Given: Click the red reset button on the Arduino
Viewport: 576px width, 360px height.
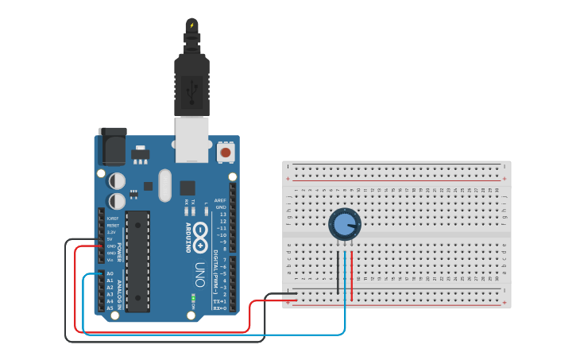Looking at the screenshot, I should pos(226,152).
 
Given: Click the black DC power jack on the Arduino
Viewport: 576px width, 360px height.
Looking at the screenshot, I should pos(110,148).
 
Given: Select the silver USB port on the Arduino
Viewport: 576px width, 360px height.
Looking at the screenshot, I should pos(191,139).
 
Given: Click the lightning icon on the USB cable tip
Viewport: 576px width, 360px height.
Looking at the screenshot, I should pos(191,25).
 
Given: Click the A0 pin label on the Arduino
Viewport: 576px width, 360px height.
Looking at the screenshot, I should pos(110,273).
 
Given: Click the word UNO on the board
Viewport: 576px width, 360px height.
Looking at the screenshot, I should pos(199,274).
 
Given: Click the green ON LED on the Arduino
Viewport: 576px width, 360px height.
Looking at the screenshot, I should pos(192,299).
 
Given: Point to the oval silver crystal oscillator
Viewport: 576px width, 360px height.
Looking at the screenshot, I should pos(164,185).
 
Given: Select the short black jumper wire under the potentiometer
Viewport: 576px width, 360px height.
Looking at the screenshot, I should pos(338,274).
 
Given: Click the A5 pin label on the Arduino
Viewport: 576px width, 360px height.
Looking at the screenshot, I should pos(110,308).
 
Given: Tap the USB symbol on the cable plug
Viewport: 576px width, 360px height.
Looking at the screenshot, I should pos(191,94).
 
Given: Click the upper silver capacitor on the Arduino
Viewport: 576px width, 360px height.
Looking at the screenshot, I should pos(117,181).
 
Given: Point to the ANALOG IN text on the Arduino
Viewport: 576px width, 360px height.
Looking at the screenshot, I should pos(120,295).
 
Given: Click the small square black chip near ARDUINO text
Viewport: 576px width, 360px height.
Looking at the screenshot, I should pos(187,188).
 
